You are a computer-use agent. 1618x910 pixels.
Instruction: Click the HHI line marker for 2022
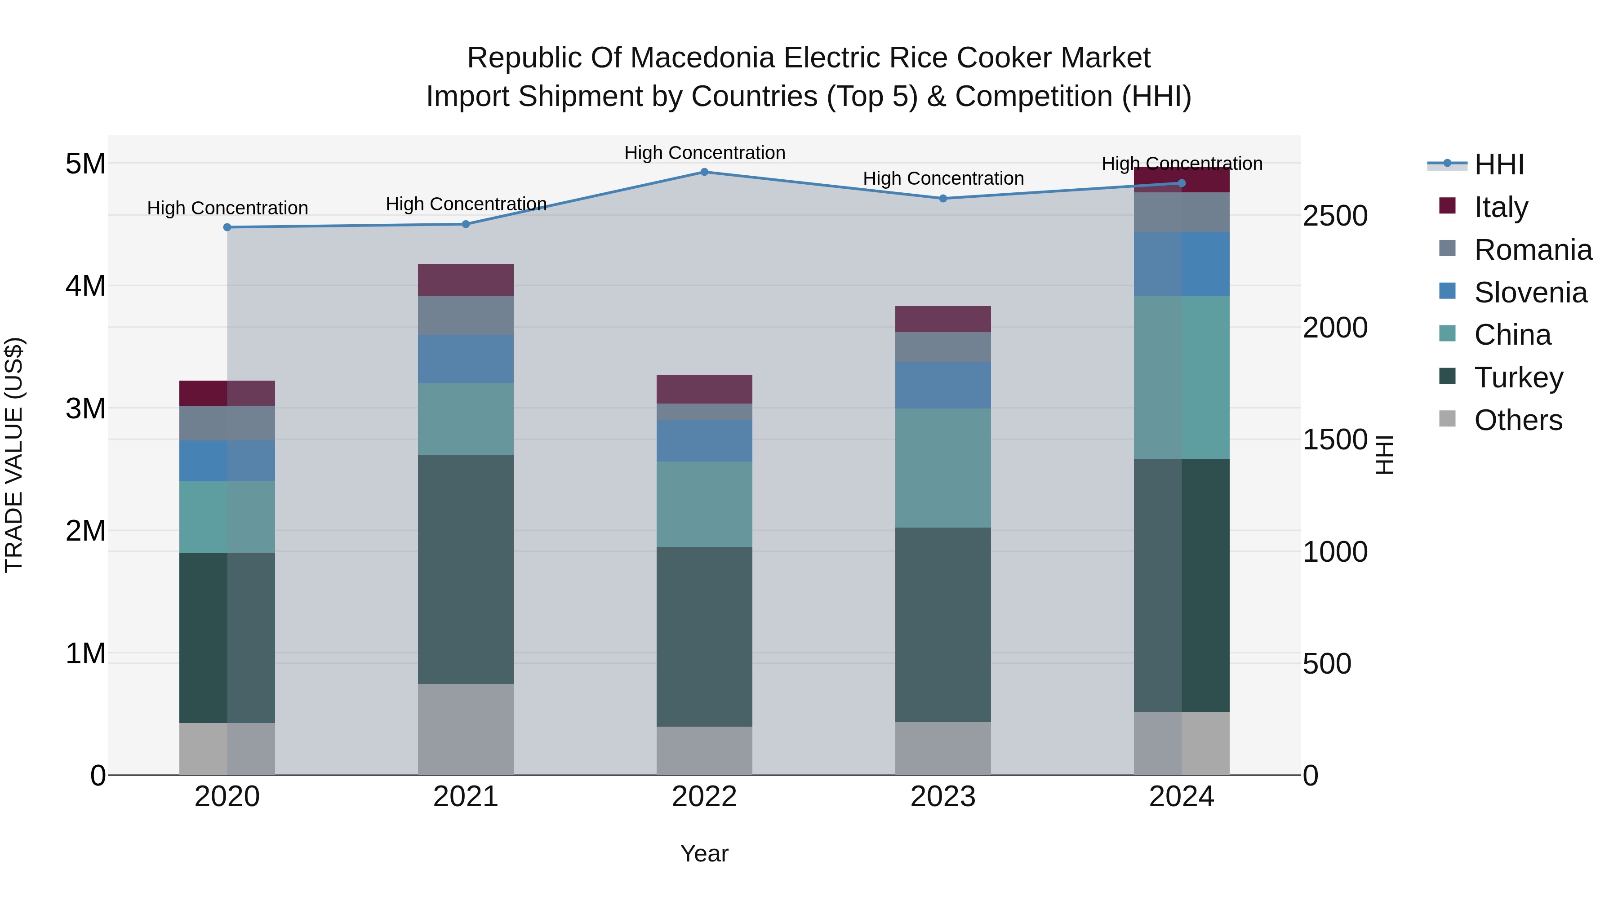click(x=704, y=172)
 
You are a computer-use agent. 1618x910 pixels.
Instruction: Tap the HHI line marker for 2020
click(x=227, y=227)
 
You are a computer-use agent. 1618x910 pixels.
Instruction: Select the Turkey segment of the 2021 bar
click(x=466, y=569)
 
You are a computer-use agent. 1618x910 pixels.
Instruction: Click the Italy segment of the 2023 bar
click(x=943, y=319)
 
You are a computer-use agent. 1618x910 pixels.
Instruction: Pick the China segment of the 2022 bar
click(x=704, y=504)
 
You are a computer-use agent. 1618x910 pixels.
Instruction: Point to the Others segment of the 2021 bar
click(x=466, y=729)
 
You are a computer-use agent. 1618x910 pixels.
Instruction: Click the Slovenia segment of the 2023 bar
click(x=943, y=385)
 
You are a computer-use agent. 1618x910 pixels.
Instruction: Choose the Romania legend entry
click(x=1533, y=250)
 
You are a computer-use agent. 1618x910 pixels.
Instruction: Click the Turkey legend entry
click(x=1518, y=377)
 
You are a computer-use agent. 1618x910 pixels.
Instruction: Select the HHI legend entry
click(x=1498, y=164)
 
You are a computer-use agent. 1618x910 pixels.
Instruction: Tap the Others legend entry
click(x=1517, y=420)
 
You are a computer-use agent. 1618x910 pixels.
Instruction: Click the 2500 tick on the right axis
click(x=1335, y=216)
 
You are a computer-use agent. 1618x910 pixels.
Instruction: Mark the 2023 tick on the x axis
click(x=943, y=797)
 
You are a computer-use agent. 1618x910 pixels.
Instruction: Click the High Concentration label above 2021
click(x=466, y=204)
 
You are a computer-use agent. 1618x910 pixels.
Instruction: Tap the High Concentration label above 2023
click(x=943, y=178)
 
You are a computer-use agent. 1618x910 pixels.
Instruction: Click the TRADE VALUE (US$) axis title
click(x=14, y=455)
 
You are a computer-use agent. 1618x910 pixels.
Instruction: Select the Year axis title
click(x=704, y=853)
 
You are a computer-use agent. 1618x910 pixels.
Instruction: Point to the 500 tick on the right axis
click(x=1327, y=664)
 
